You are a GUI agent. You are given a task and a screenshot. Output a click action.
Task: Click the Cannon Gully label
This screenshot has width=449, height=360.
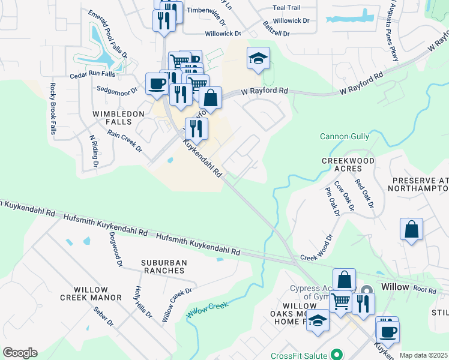[344, 136]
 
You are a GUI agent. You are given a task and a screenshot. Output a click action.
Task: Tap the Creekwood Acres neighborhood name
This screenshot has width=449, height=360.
[348, 166]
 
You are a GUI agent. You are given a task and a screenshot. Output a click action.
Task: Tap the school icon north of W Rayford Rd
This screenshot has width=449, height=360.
[258, 59]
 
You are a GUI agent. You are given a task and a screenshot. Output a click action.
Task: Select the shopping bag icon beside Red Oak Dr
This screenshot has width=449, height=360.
[411, 230]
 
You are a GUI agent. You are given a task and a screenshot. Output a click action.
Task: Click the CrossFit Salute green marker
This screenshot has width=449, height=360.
[336, 354]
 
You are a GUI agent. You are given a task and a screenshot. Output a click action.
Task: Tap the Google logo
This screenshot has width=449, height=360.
[20, 353]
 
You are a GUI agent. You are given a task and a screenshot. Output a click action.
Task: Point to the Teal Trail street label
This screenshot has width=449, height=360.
[286, 8]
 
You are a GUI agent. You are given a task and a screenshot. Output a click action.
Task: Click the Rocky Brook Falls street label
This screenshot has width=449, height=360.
[53, 109]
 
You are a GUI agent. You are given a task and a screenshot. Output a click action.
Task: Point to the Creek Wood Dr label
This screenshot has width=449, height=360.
[316, 249]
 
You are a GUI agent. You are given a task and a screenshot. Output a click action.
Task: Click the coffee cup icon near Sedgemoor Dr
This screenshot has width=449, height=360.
[157, 83]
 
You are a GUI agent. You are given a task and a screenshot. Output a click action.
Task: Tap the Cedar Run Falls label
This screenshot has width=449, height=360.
[92, 75]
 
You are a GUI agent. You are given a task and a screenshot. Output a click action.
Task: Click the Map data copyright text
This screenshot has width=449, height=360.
[423, 355]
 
